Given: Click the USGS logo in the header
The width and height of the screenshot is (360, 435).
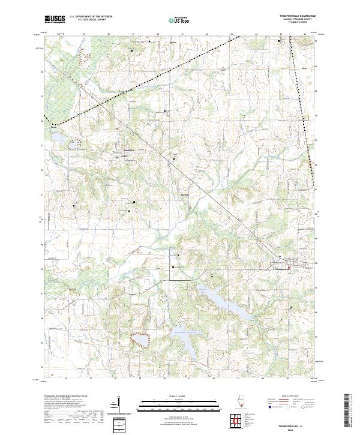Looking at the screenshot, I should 55,19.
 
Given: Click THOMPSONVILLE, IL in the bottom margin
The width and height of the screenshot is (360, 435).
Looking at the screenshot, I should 290,423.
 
